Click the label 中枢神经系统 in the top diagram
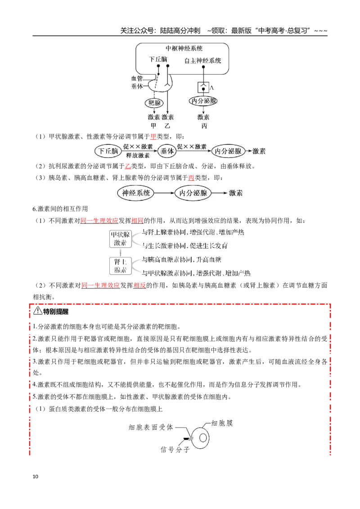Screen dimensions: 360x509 click(184, 49)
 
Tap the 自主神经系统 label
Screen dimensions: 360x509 click(203, 61)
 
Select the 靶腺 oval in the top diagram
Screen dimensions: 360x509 click(154, 103)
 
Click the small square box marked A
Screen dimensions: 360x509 click(203, 87)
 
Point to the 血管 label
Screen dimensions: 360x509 click(137, 78)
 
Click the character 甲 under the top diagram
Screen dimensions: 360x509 click(154, 125)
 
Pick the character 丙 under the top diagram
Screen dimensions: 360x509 click(204, 125)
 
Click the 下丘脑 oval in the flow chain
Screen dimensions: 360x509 click(108, 151)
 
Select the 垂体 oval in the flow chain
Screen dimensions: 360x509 click(167, 151)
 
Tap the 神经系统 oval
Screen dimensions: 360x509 click(135, 193)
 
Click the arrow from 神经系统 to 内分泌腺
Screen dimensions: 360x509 click(164, 193)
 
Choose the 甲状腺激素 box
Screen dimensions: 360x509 click(120, 239)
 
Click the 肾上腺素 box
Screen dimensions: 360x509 click(120, 266)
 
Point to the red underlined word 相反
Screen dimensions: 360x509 click(139, 286)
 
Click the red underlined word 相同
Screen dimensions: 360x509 click(137, 221)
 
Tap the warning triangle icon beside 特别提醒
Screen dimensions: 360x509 click(38, 311)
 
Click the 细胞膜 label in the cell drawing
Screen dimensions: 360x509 click(222, 423)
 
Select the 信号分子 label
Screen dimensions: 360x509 click(175, 450)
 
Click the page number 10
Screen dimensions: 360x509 click(36, 476)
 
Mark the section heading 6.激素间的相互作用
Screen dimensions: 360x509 click(60, 209)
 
